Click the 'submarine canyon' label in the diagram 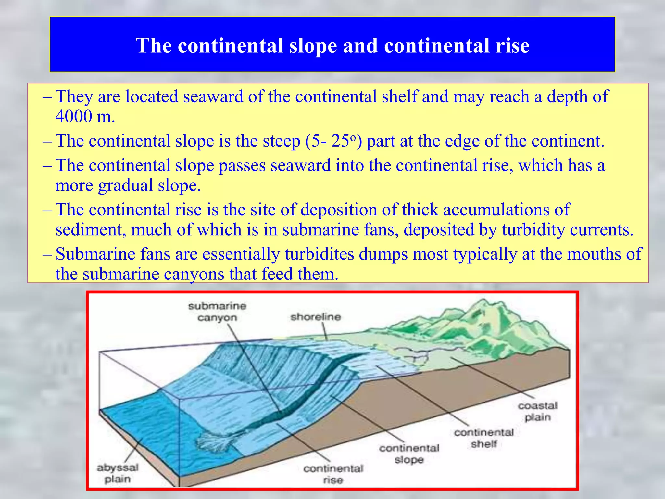(x=217, y=312)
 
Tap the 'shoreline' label (x=316, y=317)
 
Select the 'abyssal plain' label (x=118, y=473)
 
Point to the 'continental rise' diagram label (x=333, y=474)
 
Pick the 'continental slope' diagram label (x=409, y=454)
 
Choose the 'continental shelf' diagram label (x=484, y=438)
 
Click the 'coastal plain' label (x=538, y=411)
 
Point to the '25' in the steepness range (x=340, y=141)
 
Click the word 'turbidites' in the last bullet (x=319, y=254)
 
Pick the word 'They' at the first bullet (x=74, y=96)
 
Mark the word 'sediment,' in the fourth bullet (x=91, y=230)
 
